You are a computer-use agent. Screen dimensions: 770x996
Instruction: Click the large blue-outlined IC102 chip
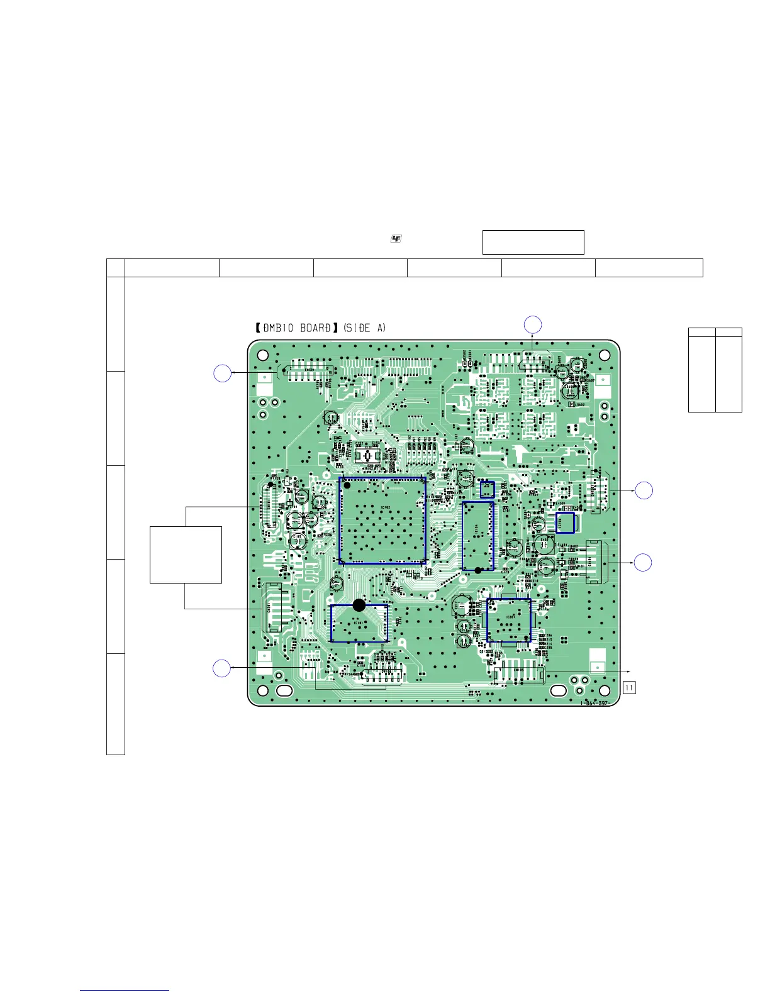pyautogui.click(x=382, y=521)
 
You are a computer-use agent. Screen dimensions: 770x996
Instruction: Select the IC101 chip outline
pyautogui.click(x=359, y=624)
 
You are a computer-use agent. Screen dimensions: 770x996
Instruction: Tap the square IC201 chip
pyautogui.click(x=509, y=620)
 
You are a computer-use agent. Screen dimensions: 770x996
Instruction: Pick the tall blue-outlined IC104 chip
pyautogui.click(x=477, y=536)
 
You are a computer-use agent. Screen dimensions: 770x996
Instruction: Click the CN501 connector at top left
pyautogui.click(x=308, y=372)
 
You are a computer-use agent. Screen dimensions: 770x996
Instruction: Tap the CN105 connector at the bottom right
pyautogui.click(x=519, y=675)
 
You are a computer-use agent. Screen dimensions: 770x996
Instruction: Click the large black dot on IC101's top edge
pyautogui.click(x=359, y=605)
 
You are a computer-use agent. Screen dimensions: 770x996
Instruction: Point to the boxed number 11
pyautogui.click(x=629, y=687)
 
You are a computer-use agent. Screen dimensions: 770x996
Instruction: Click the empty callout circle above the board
pyautogui.click(x=533, y=324)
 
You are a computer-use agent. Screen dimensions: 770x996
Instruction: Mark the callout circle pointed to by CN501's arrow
pyautogui.click(x=221, y=373)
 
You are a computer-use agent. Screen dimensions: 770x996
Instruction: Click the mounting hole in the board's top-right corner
pyautogui.click(x=605, y=355)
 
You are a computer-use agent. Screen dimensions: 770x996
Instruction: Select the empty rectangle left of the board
pyautogui.click(x=186, y=555)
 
